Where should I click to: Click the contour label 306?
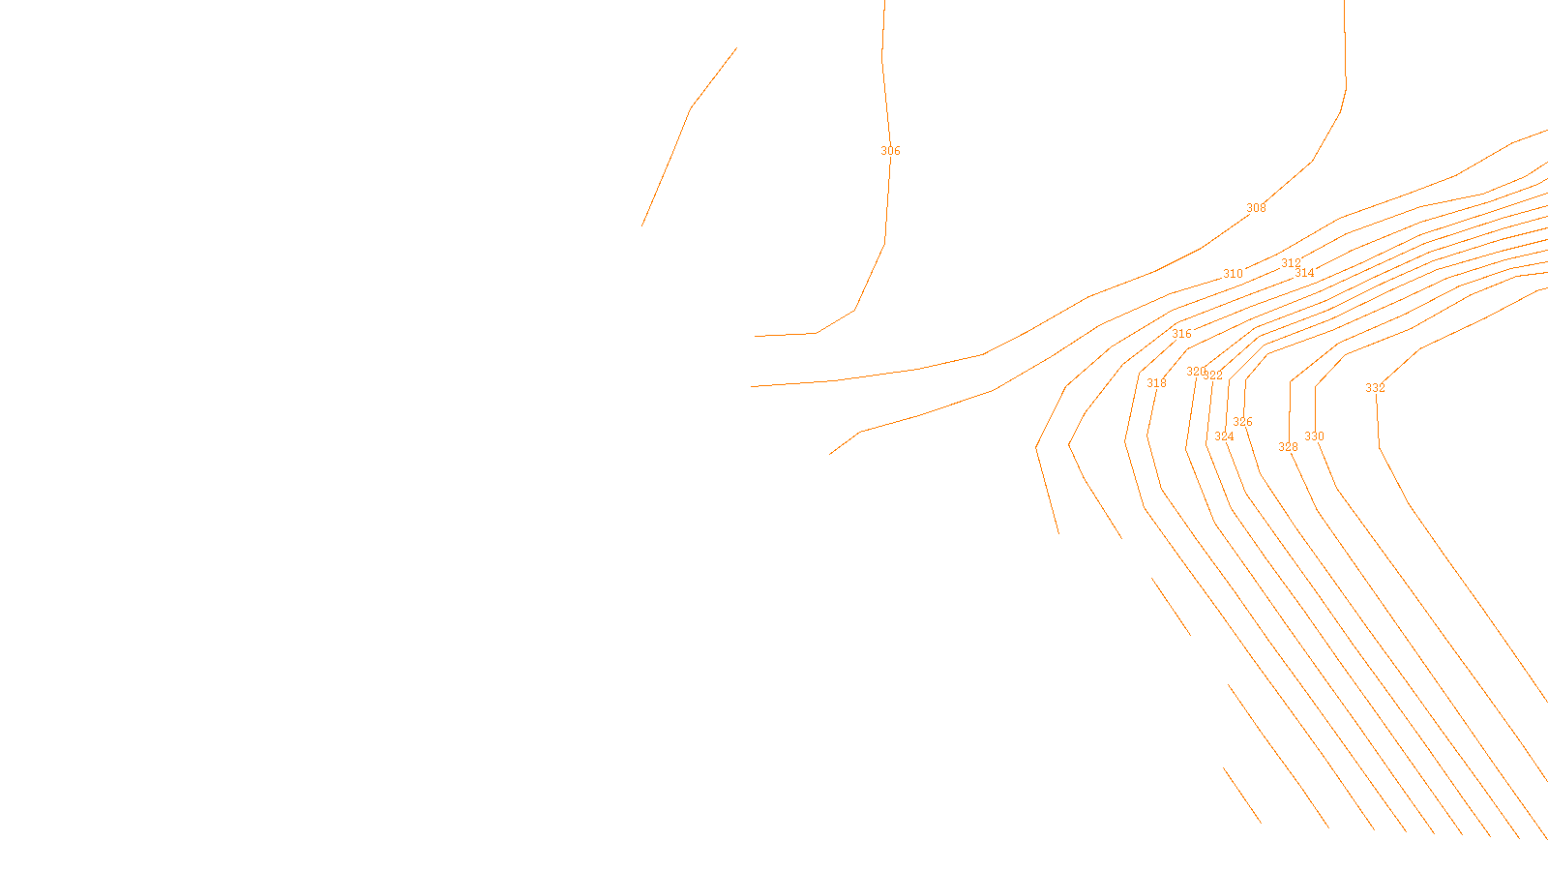click(890, 151)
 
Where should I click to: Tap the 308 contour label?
click(1256, 208)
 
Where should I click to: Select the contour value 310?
click(1233, 274)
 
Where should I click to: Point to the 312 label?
click(1291, 263)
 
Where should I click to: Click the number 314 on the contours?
click(1304, 273)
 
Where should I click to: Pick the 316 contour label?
click(1181, 334)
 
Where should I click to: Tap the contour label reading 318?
click(1156, 383)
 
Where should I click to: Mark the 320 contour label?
click(1196, 372)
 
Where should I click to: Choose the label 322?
click(1213, 375)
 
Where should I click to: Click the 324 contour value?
click(1224, 436)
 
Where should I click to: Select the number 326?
click(1242, 422)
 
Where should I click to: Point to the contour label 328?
click(1288, 447)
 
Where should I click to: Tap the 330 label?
click(1314, 436)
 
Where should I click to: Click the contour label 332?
click(1375, 388)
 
